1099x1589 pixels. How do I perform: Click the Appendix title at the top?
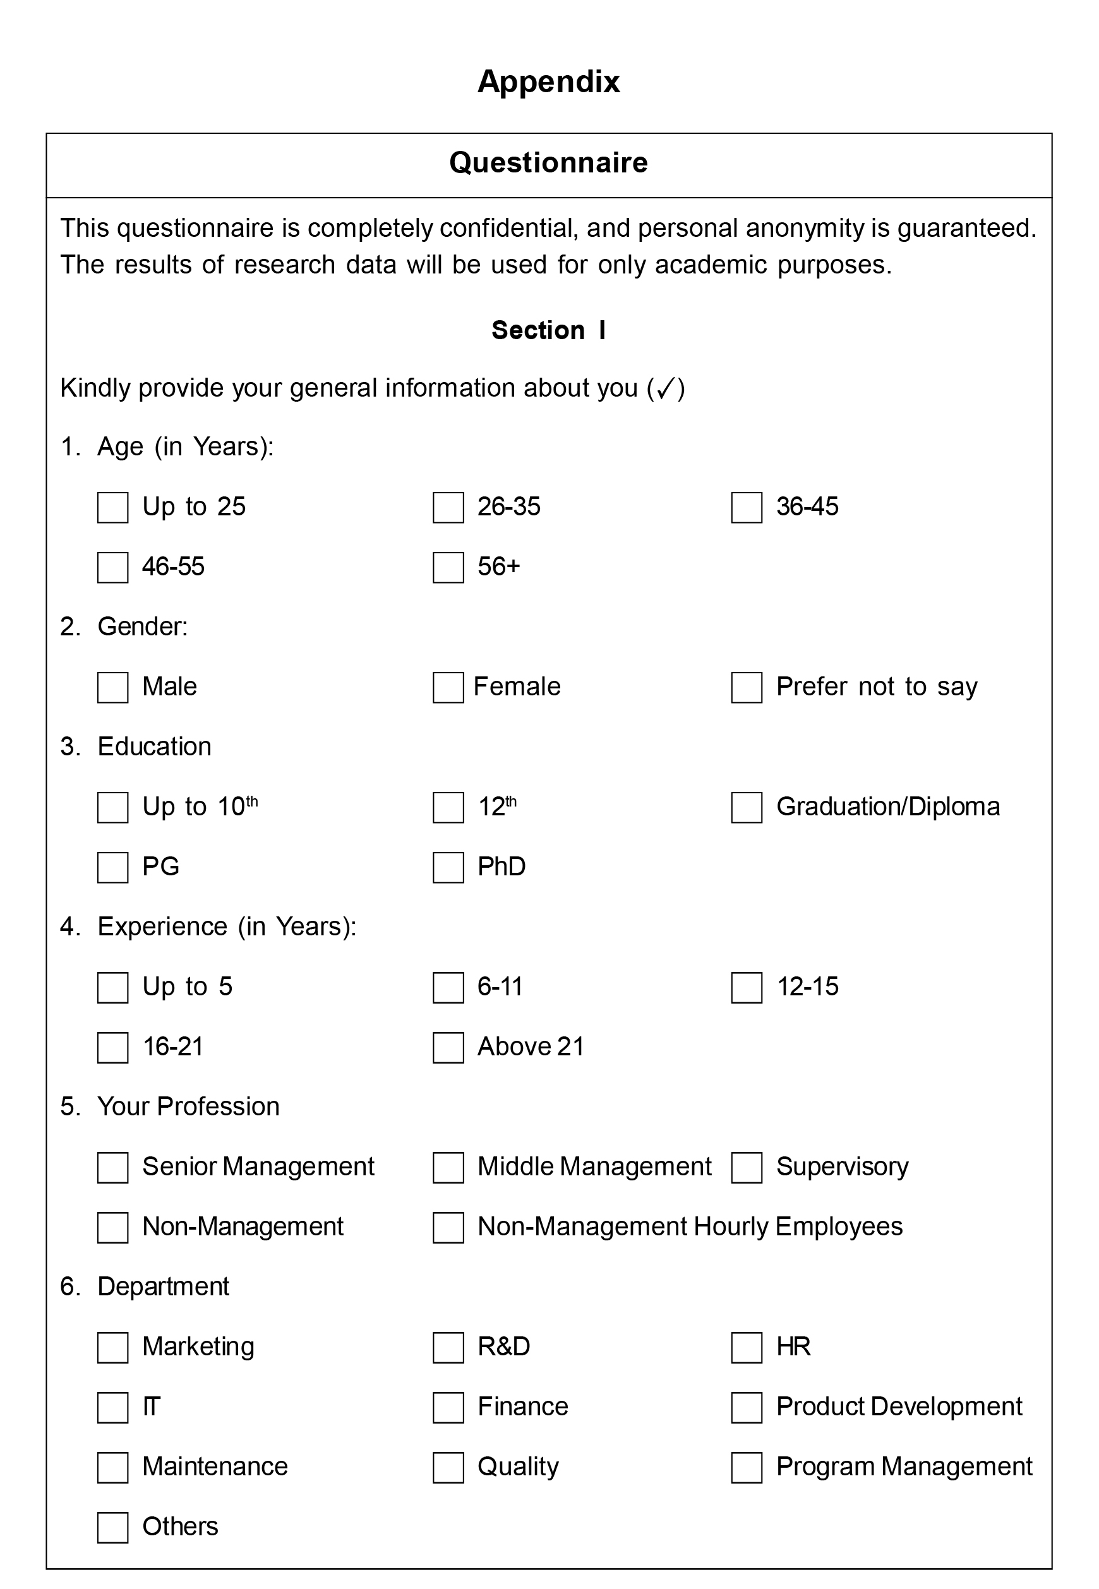(548, 81)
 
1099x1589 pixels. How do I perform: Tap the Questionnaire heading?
(548, 162)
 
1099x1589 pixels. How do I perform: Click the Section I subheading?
(548, 330)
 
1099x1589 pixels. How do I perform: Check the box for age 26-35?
(448, 507)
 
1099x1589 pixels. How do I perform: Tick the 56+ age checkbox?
(448, 567)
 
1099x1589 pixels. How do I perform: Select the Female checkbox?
(448, 687)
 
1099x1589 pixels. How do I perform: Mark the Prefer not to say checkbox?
(747, 687)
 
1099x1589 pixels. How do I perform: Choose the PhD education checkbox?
(448, 868)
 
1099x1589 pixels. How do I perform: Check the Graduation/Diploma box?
(747, 807)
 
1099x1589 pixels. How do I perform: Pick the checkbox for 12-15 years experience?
(747, 987)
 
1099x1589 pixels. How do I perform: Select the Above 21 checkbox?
(448, 1047)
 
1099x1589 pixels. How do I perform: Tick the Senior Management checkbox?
(112, 1168)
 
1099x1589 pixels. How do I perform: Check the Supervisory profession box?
(747, 1168)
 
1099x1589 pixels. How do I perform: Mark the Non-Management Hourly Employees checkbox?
(448, 1228)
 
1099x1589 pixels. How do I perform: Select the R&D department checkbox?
(448, 1347)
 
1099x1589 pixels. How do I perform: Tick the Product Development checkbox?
(747, 1407)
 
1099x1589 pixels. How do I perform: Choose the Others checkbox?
(112, 1527)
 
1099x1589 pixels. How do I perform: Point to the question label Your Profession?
(188, 1106)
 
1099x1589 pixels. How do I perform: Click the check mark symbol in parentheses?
(665, 388)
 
